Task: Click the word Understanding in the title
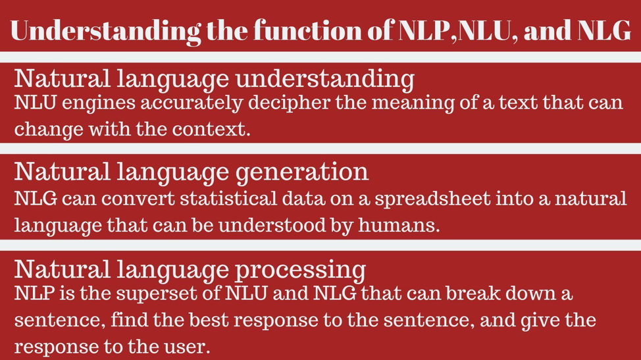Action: tap(106, 31)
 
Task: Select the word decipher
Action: tap(289, 103)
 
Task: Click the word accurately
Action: tap(192, 103)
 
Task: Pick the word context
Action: tap(211, 129)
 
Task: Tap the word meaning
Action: tap(413, 103)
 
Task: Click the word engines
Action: tap(99, 103)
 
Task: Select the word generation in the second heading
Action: tap(303, 172)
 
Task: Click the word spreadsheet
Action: tap(432, 199)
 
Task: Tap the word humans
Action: tap(399, 225)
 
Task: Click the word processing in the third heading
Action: tap(301, 270)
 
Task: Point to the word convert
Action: tap(138, 199)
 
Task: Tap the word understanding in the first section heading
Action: tap(325, 79)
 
